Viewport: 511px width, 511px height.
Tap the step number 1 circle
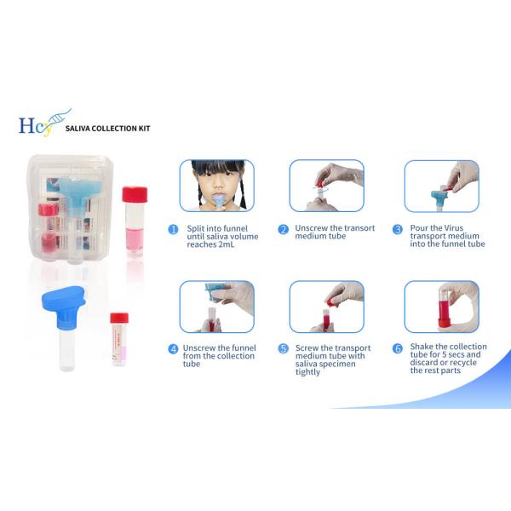173,229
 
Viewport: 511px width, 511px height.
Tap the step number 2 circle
284,229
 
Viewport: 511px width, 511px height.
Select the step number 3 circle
398,229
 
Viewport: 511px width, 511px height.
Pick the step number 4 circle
173,348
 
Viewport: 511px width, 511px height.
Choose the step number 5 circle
284,348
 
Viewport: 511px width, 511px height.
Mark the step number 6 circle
398,348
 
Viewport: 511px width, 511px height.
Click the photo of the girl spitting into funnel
216,185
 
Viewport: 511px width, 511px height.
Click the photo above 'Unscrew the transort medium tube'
326,185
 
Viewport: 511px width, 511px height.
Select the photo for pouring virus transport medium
441,185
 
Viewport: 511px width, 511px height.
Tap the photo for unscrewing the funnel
216,306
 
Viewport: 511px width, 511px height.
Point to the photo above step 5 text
326,306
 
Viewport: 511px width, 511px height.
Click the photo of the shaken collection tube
441,306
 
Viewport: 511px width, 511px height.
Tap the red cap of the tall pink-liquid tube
135,193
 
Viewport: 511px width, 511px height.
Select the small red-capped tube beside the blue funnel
118,338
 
